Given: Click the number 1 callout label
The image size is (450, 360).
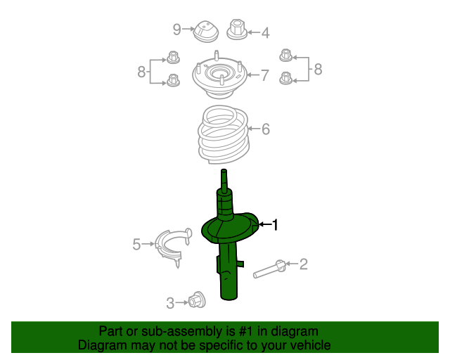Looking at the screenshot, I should (276, 225).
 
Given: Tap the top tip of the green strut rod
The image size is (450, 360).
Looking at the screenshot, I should (224, 172).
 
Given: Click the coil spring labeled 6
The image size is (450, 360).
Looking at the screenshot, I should (221, 134).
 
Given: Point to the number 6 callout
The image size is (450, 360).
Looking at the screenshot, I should (266, 129).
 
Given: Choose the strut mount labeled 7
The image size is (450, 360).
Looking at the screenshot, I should (219, 79).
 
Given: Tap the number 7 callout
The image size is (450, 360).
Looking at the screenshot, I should (265, 75).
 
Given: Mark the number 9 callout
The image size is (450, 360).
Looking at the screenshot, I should (177, 30).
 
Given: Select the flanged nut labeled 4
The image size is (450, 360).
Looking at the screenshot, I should (237, 30).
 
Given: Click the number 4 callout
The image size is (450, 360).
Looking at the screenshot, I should (265, 32).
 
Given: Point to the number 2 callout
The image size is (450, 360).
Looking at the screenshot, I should (304, 264).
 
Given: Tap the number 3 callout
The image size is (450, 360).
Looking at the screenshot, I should (170, 303).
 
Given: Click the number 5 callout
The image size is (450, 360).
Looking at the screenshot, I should (136, 244).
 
